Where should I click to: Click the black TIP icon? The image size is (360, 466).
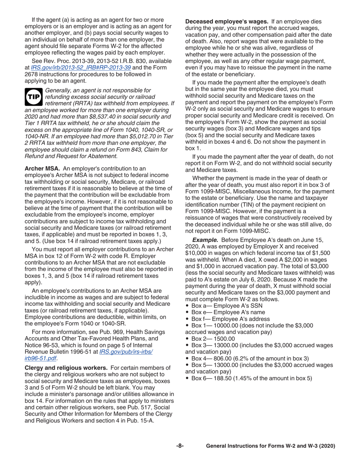point(33,97)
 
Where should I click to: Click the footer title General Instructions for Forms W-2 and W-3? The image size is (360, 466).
point(271,446)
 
